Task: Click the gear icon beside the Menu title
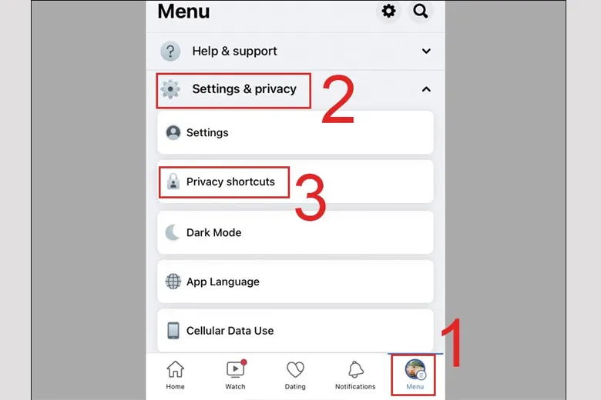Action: point(388,12)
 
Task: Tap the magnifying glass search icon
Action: point(420,12)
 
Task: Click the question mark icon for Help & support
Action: point(170,52)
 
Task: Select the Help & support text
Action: point(234,52)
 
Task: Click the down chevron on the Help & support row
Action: point(426,52)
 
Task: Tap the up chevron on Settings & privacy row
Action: point(426,89)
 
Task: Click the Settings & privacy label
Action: point(244,89)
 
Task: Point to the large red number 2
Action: point(337,100)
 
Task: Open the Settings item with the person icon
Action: point(207,132)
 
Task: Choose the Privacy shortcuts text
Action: point(230,182)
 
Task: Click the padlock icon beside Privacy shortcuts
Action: point(173,182)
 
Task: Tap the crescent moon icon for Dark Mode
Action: point(173,232)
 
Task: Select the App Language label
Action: point(223,282)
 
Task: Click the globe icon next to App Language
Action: point(173,282)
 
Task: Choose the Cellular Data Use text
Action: point(230,331)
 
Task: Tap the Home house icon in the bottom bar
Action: point(176,370)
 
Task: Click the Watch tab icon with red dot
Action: point(235,370)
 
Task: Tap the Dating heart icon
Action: point(295,370)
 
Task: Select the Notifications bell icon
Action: point(355,370)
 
